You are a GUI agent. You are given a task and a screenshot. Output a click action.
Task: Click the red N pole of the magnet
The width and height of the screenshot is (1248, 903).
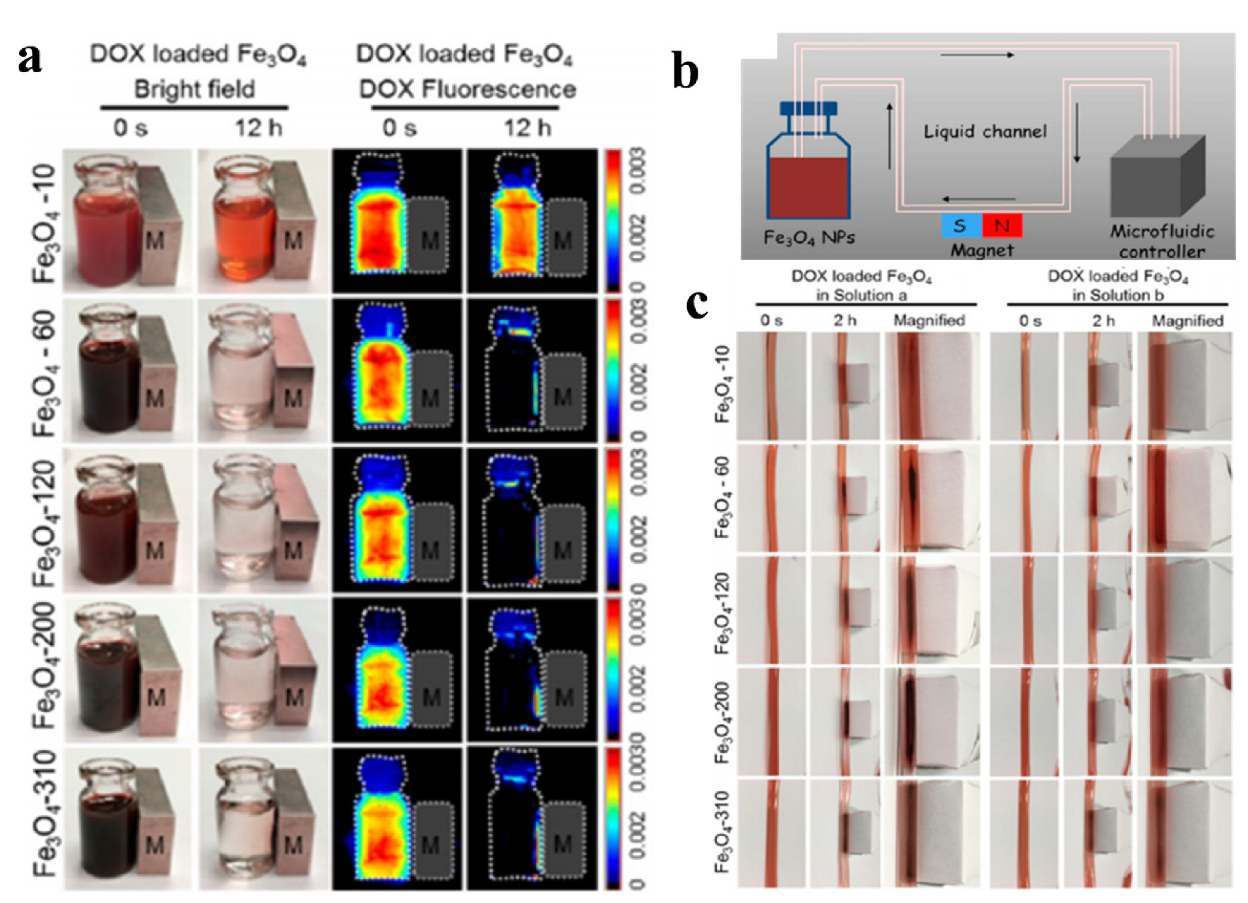pyautogui.click(x=1002, y=226)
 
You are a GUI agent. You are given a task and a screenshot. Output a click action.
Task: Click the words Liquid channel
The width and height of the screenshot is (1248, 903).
pyautogui.click(x=985, y=132)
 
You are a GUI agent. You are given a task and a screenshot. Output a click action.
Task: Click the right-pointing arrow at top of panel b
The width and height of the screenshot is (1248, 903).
pyautogui.click(x=977, y=55)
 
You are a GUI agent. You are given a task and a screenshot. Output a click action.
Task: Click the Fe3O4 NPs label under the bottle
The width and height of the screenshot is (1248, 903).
pyautogui.click(x=809, y=238)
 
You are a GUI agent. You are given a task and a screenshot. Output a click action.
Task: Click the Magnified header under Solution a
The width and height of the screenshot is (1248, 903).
pyautogui.click(x=929, y=320)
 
